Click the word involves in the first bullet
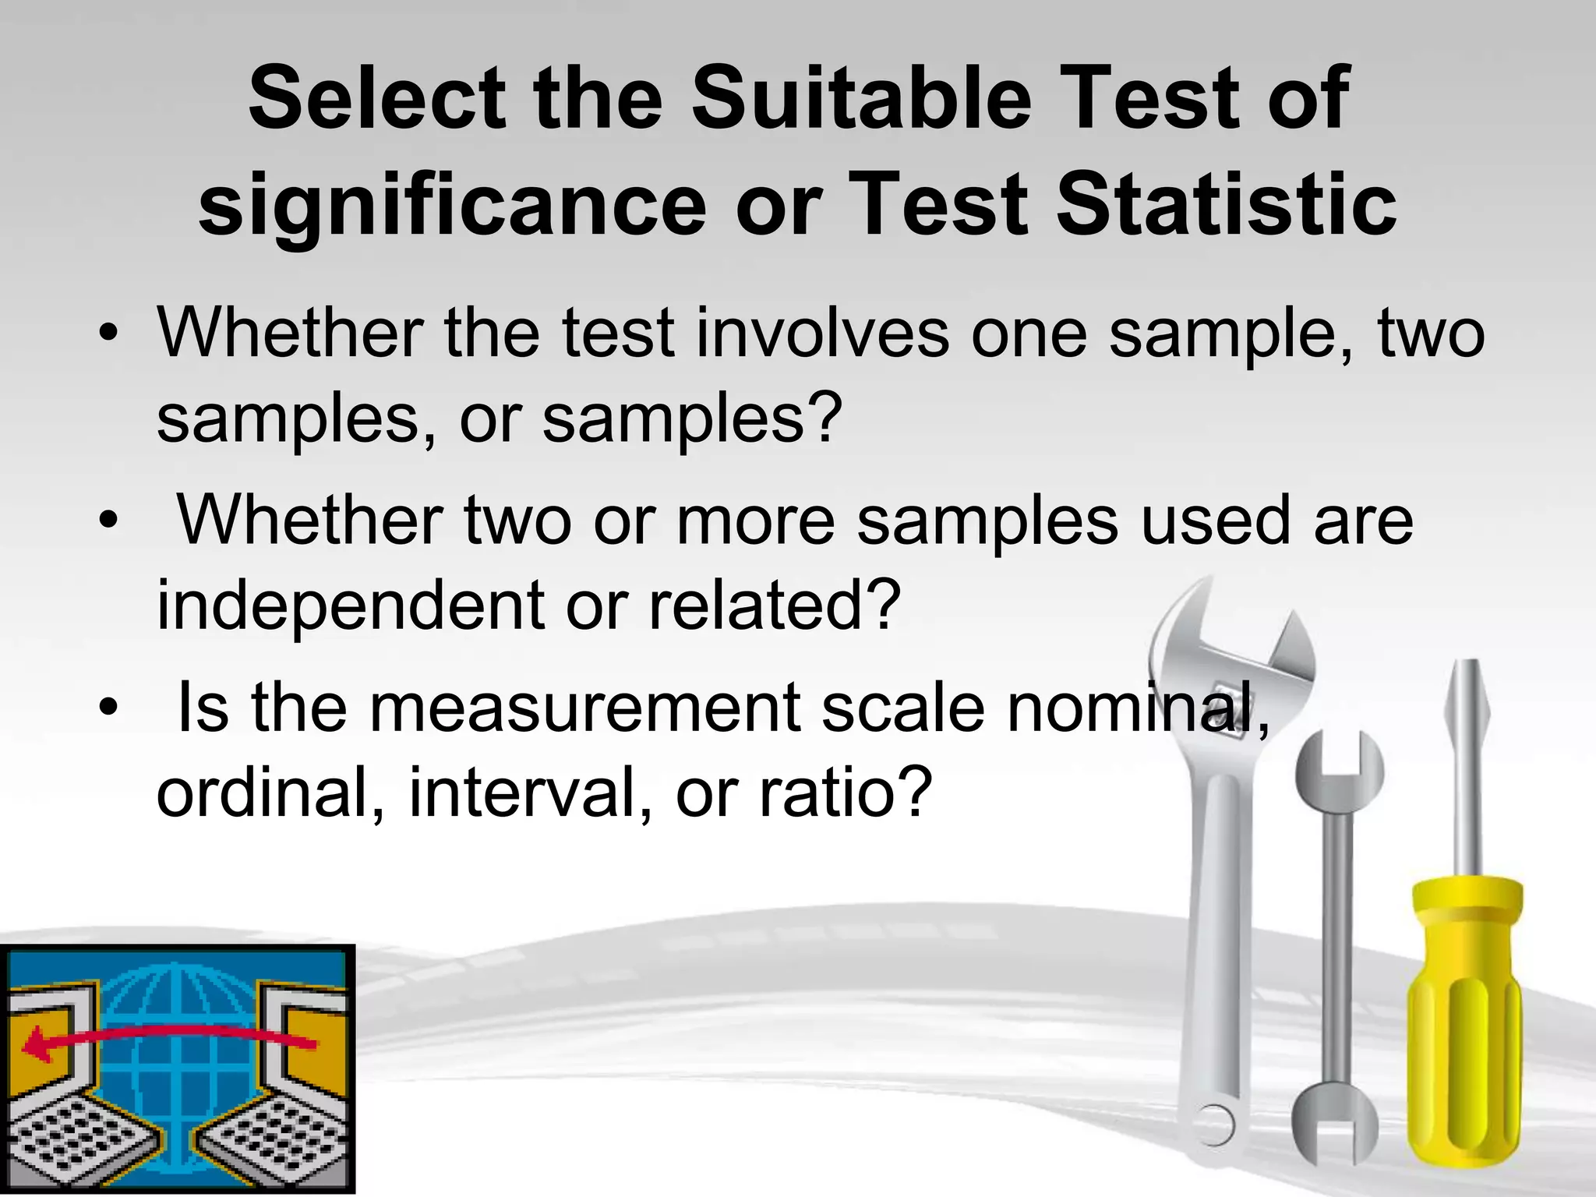(823, 334)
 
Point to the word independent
(351, 606)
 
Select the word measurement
(584, 708)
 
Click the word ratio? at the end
(846, 793)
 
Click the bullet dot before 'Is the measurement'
(108, 708)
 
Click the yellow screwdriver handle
(1464, 1029)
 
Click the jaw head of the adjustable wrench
(1231, 647)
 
